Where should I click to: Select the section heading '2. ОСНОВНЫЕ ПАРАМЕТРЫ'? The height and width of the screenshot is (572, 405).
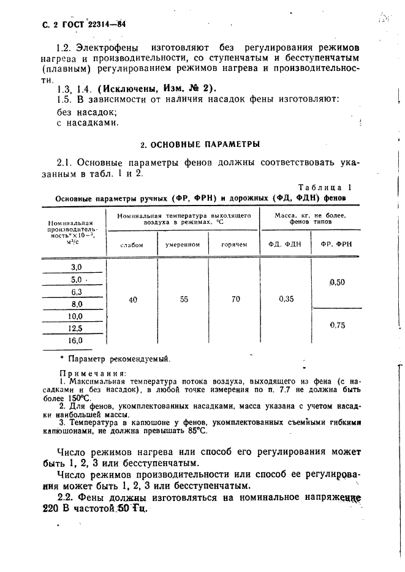[x=200, y=145]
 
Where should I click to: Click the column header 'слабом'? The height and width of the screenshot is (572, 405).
[x=132, y=245]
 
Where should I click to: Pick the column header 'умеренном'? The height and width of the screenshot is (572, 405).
[x=183, y=245]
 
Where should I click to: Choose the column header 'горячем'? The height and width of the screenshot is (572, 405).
[x=235, y=245]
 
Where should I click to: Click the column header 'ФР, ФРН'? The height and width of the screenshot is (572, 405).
[x=336, y=245]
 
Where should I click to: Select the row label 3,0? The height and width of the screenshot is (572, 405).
[x=77, y=267]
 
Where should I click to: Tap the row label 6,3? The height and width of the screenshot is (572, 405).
[x=77, y=292]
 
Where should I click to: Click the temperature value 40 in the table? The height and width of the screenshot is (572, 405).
[x=132, y=300]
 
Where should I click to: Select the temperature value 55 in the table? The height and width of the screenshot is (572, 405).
[x=183, y=300]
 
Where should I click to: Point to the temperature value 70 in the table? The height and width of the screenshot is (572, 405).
[x=235, y=300]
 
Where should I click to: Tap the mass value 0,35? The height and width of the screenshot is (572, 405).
[x=286, y=300]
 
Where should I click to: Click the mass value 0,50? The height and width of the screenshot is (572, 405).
[x=337, y=282]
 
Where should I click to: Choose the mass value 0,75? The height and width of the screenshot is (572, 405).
[x=337, y=325]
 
